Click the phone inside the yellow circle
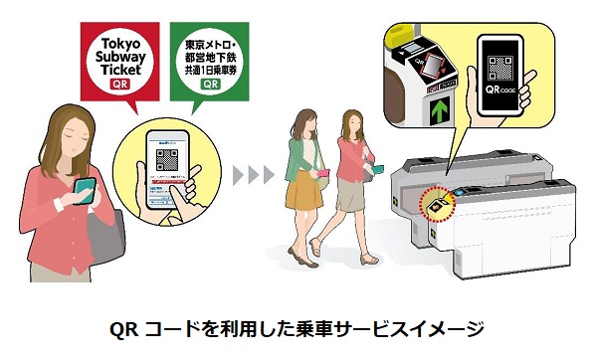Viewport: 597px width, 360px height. (x=164, y=168)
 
